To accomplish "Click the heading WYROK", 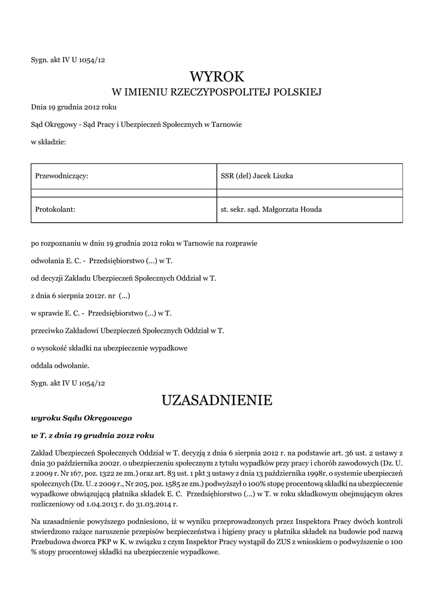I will [217, 77].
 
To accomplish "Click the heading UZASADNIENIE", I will [217, 400].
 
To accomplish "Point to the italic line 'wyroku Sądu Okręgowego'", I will [81, 417].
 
